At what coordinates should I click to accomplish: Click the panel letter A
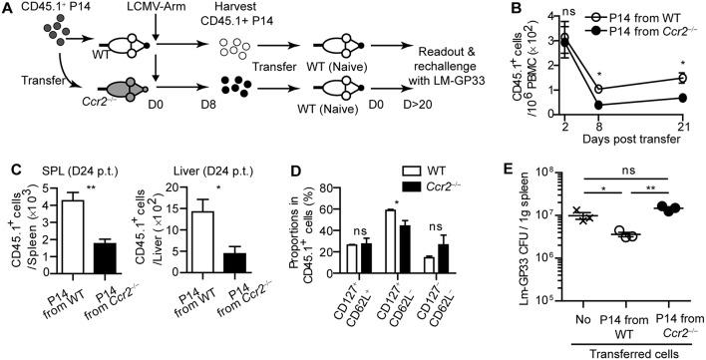(x=8, y=9)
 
